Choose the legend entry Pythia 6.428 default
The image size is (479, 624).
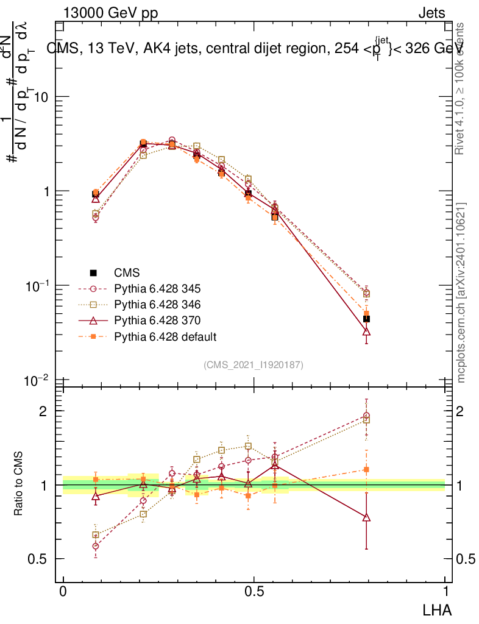[165, 336]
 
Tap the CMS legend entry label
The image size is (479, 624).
[127, 272]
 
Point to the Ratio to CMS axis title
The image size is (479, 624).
[19, 484]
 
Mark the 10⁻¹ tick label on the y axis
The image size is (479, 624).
[36, 285]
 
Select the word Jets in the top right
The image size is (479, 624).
[431, 13]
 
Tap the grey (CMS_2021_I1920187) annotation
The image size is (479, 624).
[254, 364]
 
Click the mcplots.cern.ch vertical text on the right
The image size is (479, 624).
[461, 292]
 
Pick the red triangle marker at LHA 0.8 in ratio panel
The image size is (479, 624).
[366, 517]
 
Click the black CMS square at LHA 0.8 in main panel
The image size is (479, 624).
[366, 319]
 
